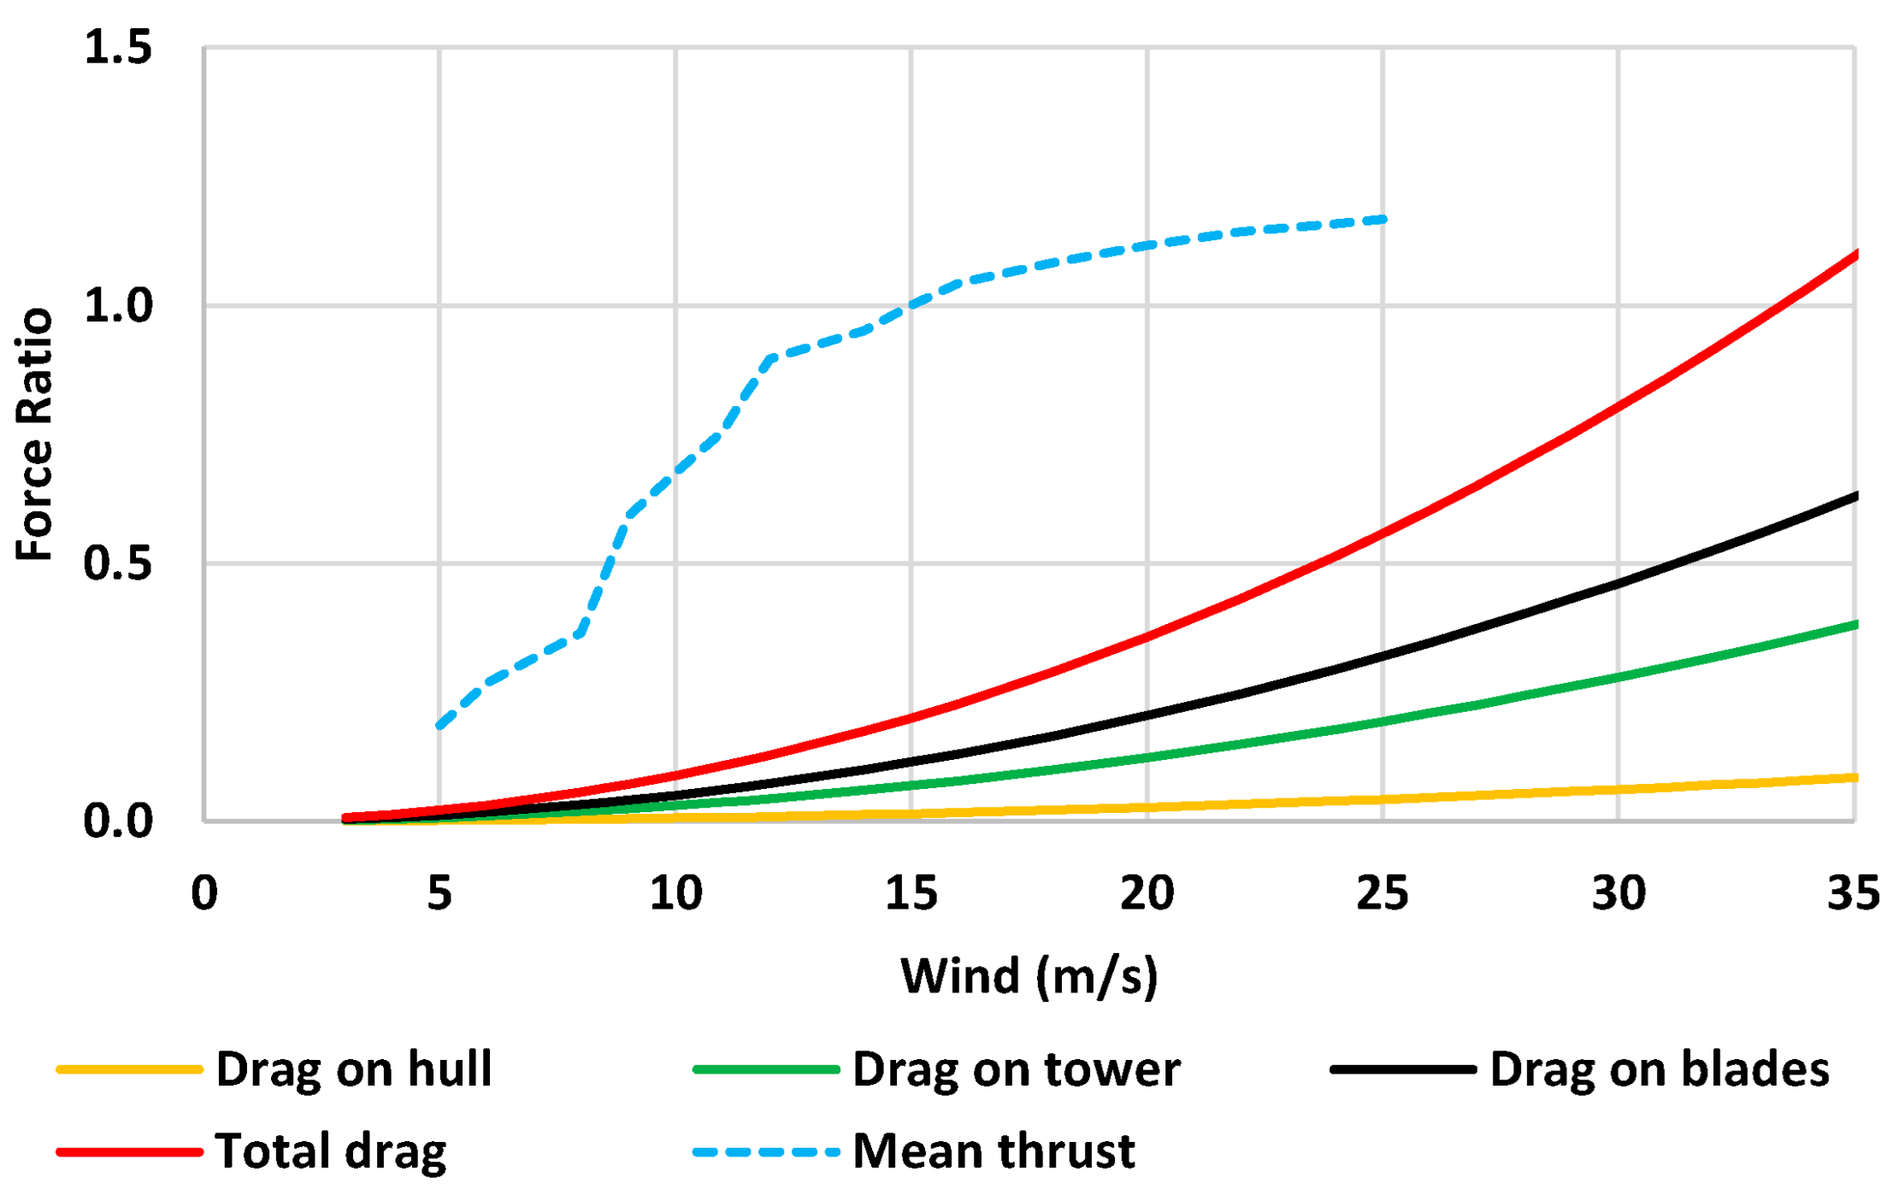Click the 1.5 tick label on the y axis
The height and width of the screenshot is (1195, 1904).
[118, 47]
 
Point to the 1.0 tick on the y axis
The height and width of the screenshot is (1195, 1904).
[118, 306]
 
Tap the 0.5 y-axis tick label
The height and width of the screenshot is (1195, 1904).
[118, 564]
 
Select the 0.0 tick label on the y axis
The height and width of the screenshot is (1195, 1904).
[118, 821]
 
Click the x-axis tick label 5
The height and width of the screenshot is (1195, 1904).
[439, 893]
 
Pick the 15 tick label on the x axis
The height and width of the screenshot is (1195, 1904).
[911, 893]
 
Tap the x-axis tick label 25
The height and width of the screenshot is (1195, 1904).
[1382, 893]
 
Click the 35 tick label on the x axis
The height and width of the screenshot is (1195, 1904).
[1853, 893]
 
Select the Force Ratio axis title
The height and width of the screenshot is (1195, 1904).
[34, 434]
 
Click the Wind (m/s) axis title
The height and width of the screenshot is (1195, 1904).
[1029, 975]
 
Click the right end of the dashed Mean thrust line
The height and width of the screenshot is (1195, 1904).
[1383, 220]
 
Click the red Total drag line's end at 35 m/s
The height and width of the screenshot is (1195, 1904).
[1854, 254]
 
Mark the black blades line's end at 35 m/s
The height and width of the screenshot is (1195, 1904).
[1854, 496]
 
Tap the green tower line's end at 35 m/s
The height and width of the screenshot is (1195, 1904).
[1854, 625]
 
